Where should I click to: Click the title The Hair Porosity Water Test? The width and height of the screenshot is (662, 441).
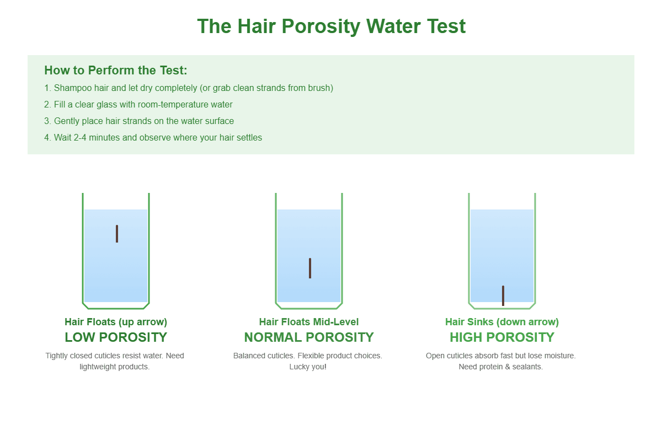[x=331, y=26]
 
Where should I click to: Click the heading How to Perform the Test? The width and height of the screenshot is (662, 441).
[x=116, y=71]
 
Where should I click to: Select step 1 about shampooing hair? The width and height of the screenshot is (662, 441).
[x=189, y=88]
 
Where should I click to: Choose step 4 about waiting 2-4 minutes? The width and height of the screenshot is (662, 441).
[x=153, y=138]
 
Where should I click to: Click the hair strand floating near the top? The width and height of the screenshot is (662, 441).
[x=117, y=234]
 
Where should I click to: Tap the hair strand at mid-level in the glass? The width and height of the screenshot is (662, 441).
[x=310, y=268]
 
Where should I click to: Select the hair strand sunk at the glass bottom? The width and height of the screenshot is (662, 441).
[x=503, y=295]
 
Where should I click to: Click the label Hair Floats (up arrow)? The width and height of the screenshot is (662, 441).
[x=116, y=322]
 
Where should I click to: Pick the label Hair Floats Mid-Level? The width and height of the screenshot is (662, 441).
[x=309, y=322]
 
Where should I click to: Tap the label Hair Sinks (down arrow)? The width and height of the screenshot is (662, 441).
[x=502, y=322]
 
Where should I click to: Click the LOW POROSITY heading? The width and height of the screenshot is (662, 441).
[x=116, y=337]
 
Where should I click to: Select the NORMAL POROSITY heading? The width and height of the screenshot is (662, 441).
[x=309, y=337]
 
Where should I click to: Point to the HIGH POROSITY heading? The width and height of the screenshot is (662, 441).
[x=502, y=337]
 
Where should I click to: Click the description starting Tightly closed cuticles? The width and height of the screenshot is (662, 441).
[x=115, y=356]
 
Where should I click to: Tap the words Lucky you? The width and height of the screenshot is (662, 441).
[x=308, y=367]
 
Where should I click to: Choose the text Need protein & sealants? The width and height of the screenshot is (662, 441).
[x=501, y=367]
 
